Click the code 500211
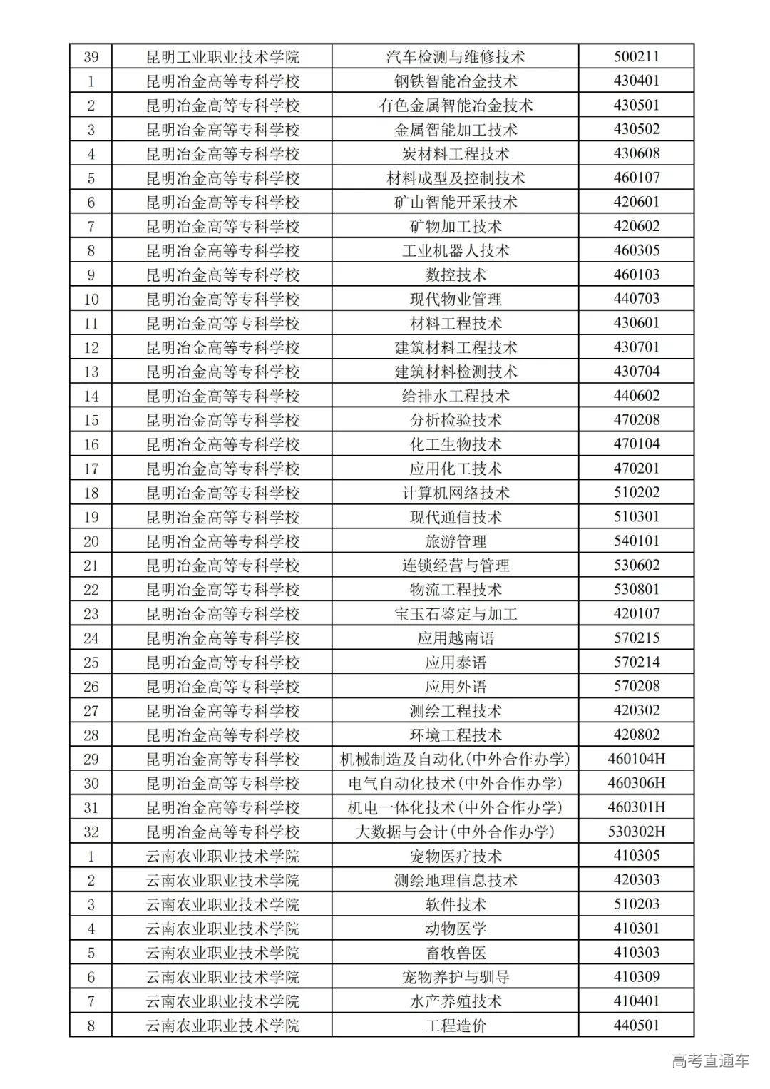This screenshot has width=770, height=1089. (636, 57)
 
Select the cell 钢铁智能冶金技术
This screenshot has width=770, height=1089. (456, 81)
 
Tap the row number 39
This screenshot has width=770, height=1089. (91, 57)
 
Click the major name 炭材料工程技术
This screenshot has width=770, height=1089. (456, 154)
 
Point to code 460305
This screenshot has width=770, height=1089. (636, 250)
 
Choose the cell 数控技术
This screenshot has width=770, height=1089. (456, 275)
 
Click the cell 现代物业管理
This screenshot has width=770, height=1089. (456, 300)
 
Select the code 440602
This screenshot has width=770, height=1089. (636, 396)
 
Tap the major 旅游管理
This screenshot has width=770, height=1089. (456, 541)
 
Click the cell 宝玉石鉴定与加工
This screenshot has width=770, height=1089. (456, 614)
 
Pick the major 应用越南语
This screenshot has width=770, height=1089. (456, 638)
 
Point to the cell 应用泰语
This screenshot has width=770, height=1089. (456, 663)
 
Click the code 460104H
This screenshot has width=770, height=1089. (636, 759)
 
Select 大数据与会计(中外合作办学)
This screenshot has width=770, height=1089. (456, 832)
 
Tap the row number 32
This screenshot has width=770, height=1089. (91, 832)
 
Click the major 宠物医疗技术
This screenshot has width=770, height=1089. (456, 856)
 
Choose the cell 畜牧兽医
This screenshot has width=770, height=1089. (456, 953)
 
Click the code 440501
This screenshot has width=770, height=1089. (636, 1026)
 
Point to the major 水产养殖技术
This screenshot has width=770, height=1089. (456, 1001)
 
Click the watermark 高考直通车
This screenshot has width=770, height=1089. (710, 1061)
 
